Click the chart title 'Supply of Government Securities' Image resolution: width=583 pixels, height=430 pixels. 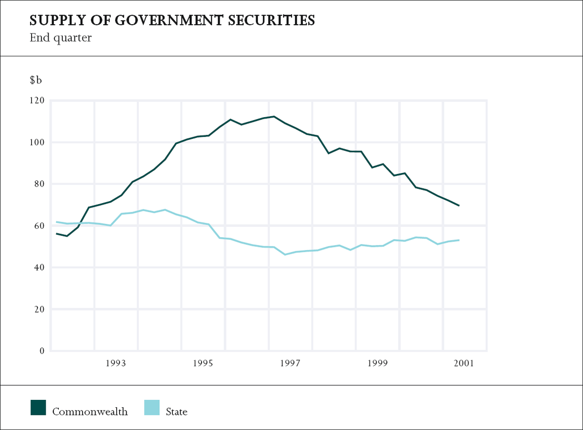pyautogui.click(x=172, y=20)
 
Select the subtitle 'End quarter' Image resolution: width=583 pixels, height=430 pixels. pyautogui.click(x=60, y=37)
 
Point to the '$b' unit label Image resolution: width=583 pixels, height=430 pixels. pyautogui.click(x=36, y=80)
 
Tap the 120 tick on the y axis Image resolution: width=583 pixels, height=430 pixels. pyautogui.click(x=37, y=101)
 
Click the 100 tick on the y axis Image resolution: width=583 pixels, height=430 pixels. pyautogui.click(x=37, y=142)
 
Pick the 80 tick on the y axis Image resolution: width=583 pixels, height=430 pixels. pyautogui.click(x=39, y=184)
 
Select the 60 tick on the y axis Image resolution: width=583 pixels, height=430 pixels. pyautogui.click(x=39, y=226)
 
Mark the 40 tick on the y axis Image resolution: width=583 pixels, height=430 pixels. pyautogui.click(x=39, y=268)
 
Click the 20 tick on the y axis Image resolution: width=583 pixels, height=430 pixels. pyautogui.click(x=39, y=310)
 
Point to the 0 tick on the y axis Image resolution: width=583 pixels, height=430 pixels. pyautogui.click(x=42, y=351)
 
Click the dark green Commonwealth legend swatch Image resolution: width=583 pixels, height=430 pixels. pyautogui.click(x=38, y=407)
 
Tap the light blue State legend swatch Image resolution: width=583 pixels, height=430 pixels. pyautogui.click(x=152, y=407)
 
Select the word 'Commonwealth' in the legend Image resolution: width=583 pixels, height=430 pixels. pyautogui.click(x=90, y=412)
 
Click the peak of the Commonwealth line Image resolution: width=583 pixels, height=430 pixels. pyautogui.click(x=274, y=117)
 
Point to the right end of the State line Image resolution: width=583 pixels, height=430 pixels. pyautogui.click(x=459, y=240)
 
